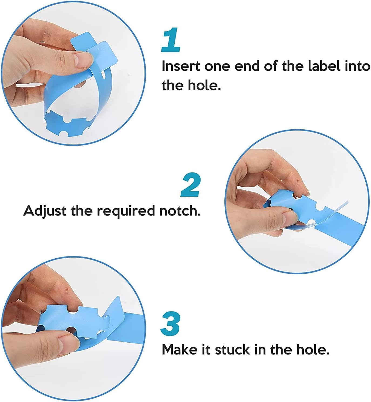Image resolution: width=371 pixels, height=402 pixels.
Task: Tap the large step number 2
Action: pos(191,185)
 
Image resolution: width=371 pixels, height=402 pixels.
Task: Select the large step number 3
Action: pos(170,324)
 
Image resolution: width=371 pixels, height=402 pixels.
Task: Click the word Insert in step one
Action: pos(181,66)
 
